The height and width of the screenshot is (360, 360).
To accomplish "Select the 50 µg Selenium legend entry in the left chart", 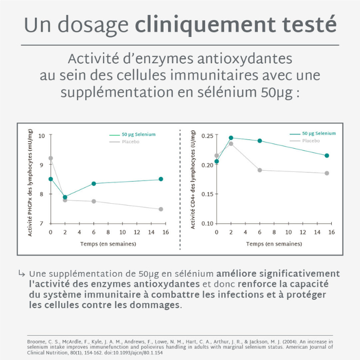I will tap(138, 134).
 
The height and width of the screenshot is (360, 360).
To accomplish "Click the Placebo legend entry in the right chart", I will tap(311, 140).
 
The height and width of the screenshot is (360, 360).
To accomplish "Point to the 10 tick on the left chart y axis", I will tap(42, 136).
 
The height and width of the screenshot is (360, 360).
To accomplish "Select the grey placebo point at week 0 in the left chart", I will tap(50, 158).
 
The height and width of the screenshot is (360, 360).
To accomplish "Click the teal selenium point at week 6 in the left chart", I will tap(94, 184).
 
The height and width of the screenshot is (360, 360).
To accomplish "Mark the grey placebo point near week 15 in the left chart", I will tap(161, 209).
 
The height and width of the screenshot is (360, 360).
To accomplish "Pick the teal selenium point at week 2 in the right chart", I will tap(231, 138).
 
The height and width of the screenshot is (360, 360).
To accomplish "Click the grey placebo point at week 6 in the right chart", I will tap(260, 170).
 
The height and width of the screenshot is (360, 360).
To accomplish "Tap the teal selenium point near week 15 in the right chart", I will tap(327, 155).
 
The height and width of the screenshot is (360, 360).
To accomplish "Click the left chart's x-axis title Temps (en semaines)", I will tap(108, 244).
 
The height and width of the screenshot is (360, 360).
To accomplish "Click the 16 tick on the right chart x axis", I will tap(332, 232).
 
